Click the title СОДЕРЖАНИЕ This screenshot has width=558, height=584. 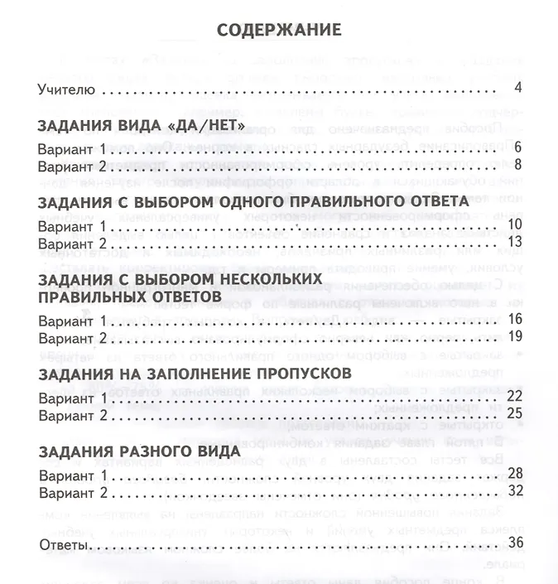[x=278, y=31]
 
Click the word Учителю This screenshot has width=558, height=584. [x=68, y=89]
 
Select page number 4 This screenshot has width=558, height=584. [x=517, y=89]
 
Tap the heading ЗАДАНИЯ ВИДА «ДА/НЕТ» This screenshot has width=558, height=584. [x=142, y=127]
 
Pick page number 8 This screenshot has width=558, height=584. [x=517, y=166]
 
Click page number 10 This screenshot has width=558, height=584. [x=513, y=224]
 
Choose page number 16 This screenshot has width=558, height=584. [x=513, y=319]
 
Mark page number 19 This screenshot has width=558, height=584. [x=513, y=336]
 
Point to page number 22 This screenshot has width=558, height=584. [x=513, y=395]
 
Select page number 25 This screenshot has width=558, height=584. [x=513, y=413]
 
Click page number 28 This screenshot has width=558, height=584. [x=513, y=473]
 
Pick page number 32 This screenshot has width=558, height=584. [x=513, y=490]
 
